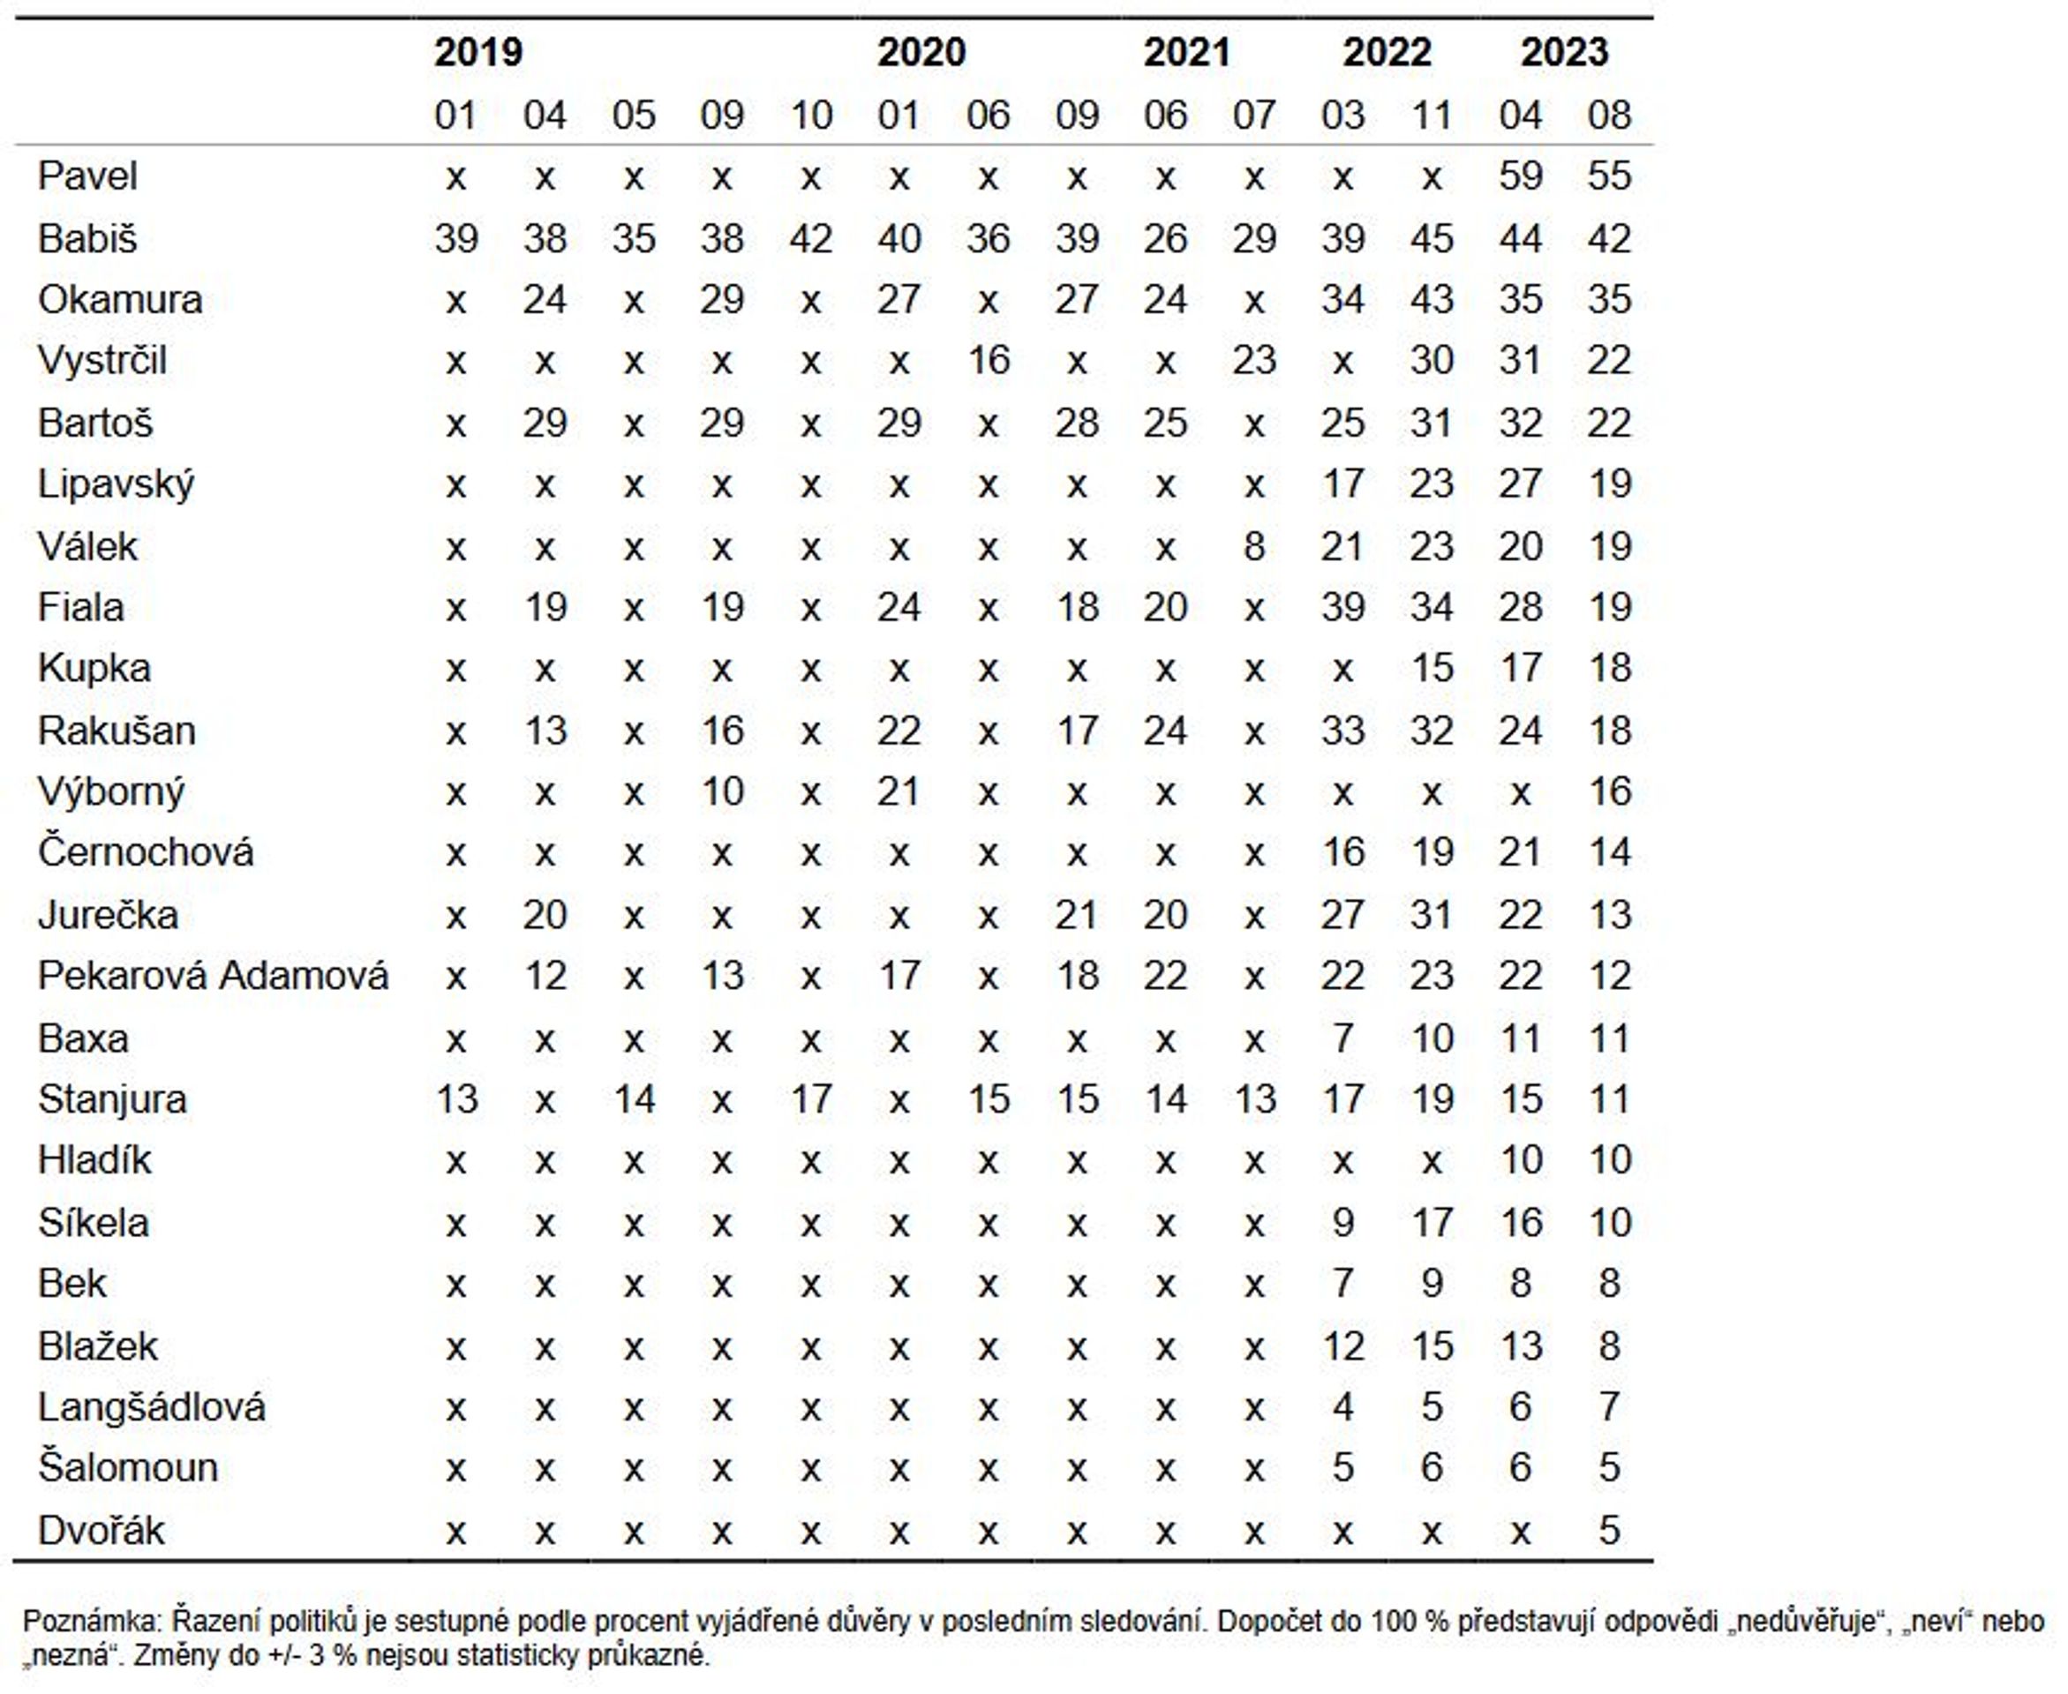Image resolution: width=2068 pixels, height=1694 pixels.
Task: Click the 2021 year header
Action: point(1187,52)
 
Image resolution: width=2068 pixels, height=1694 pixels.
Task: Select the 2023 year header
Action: point(1564,52)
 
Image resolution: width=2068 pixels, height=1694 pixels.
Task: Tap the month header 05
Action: point(634,116)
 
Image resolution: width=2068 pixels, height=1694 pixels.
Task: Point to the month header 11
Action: point(1432,116)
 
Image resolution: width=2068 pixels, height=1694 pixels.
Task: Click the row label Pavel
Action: point(88,176)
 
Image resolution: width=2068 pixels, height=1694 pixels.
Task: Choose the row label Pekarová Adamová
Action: point(213,976)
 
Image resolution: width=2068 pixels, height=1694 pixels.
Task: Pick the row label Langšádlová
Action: point(151,1407)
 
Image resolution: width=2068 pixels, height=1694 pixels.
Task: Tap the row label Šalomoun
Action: point(128,1467)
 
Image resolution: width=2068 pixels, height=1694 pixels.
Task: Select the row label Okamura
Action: point(120,300)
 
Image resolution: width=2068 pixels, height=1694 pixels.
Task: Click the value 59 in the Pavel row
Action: point(1521,176)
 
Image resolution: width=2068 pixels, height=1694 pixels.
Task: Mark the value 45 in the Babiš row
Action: point(1432,238)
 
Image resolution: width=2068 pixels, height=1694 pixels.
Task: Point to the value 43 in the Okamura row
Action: point(1432,300)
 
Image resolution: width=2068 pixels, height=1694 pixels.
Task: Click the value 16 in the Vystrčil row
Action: point(988,361)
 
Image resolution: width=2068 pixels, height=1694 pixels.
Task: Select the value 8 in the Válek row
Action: point(1254,546)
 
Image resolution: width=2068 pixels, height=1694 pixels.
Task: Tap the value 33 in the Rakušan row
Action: point(1342,731)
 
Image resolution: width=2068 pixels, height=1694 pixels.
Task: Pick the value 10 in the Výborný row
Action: point(722,791)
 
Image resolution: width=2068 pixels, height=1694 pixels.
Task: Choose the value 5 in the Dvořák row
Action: point(1609,1530)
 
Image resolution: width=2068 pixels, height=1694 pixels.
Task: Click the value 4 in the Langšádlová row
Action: point(1342,1407)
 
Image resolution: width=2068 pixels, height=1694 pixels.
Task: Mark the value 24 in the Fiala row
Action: point(899,608)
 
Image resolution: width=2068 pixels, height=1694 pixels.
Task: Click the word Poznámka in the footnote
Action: point(91,1622)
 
